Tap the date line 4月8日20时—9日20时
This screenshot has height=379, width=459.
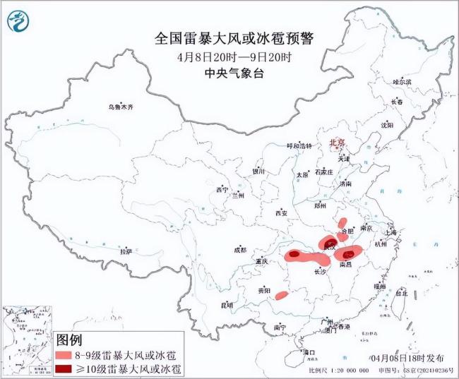pyautogui.click(x=232, y=56)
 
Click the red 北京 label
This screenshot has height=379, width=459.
pyautogui.click(x=337, y=143)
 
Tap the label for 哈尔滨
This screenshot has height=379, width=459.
pyautogui.click(x=401, y=83)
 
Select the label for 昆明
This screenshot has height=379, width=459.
pyautogui.click(x=227, y=305)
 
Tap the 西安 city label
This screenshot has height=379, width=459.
pyautogui.click(x=282, y=212)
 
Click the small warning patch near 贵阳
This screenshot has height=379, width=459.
pyautogui.click(x=281, y=295)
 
